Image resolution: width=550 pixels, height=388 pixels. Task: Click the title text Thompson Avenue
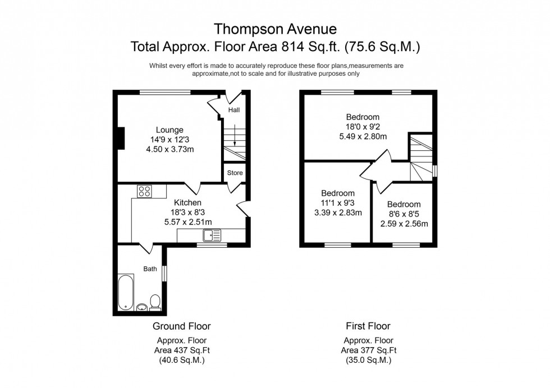point(275,28)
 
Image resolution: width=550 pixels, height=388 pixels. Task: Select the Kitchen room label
point(187,202)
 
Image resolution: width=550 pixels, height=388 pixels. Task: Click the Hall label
point(233,110)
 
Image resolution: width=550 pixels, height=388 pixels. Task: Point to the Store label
point(235,173)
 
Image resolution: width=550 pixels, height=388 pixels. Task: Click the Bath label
point(150,269)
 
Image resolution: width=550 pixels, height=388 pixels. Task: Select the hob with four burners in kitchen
point(144,191)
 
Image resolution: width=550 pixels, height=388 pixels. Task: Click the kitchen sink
point(213,236)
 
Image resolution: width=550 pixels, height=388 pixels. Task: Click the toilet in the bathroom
point(155,303)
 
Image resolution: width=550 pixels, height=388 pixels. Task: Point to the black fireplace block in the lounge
point(120,138)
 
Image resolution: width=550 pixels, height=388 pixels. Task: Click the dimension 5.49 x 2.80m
point(363,136)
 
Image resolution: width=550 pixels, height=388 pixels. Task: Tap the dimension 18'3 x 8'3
point(187,212)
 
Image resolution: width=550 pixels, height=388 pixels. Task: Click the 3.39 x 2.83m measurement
point(338,213)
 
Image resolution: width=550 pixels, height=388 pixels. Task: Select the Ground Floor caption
point(182,326)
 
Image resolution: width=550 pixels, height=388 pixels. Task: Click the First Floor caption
point(368,326)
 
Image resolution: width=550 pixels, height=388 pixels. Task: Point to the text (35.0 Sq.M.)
point(368,361)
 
